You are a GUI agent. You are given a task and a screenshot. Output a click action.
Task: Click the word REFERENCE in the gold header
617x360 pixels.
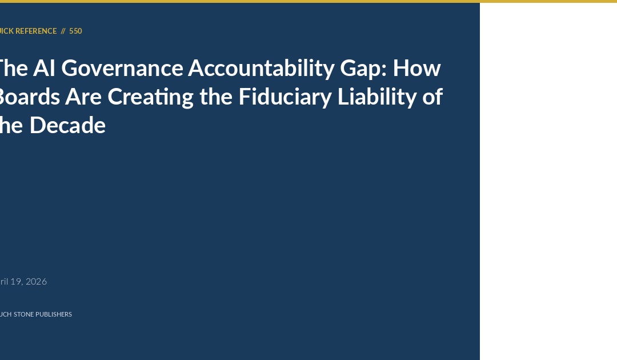[36, 31]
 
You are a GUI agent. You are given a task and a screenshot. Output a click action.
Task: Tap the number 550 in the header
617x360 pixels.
[75, 31]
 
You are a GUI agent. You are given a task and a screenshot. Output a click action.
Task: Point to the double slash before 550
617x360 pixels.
[63, 31]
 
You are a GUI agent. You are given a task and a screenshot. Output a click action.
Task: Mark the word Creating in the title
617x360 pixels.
[151, 97]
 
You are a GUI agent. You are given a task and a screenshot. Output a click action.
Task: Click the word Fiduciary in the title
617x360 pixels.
[283, 97]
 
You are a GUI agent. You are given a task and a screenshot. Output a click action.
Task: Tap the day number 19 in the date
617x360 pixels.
[17, 281]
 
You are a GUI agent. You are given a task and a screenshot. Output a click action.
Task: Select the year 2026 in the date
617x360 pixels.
[36, 281]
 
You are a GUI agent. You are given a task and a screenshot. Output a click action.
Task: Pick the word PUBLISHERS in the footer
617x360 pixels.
[54, 314]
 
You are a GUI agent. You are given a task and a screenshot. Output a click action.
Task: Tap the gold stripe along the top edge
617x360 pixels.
[308, 1]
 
